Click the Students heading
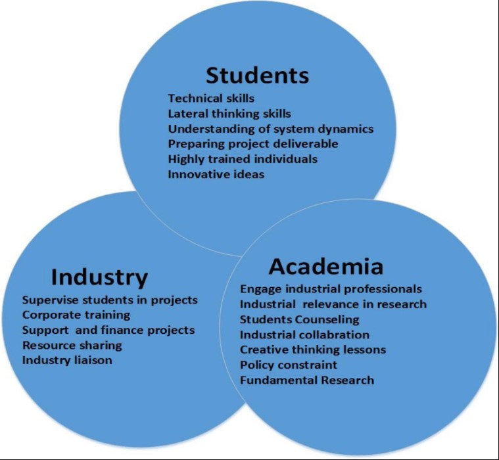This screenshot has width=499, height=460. pos(257,75)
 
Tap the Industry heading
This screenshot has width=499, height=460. pos(99,277)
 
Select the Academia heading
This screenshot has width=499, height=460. pos(325,266)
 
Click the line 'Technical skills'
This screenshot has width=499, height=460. pos(211,99)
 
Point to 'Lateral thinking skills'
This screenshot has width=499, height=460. pos(229,114)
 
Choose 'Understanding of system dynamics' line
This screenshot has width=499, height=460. pos(270,129)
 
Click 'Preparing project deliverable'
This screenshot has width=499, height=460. pos(252,144)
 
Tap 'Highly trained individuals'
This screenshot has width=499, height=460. pos(243,159)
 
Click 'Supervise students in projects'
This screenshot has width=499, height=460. pos(110,300)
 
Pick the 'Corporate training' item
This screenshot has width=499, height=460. pos(76,315)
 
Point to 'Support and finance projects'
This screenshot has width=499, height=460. pos(108,330)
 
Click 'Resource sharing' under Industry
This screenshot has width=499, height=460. pos(72,345)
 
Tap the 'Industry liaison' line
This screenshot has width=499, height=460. pos(67,360)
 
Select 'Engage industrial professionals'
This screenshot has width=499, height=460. pos(331,289)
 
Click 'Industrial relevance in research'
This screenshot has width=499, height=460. pos(333,304)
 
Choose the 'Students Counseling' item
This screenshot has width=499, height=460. pos(299,319)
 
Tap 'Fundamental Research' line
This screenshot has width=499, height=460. pos(306,380)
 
